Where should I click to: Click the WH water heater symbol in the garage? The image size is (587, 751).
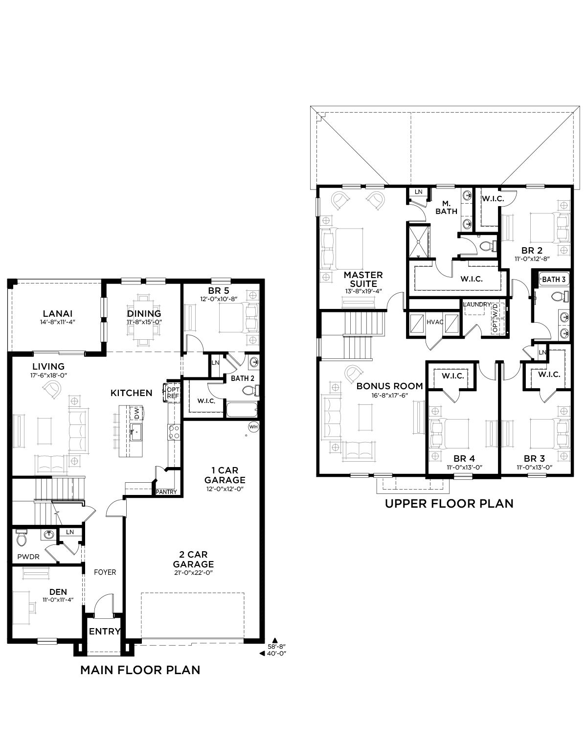[x=253, y=427]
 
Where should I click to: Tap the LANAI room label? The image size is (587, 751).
[x=58, y=313]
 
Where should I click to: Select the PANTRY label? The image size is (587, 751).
[x=166, y=492]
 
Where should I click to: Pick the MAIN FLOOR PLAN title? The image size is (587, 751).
[x=140, y=670]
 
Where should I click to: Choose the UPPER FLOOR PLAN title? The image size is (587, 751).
[x=449, y=504]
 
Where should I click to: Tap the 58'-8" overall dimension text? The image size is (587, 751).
[x=277, y=646]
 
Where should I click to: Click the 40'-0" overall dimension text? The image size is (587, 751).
[x=277, y=653]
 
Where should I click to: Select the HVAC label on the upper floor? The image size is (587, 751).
[x=435, y=322]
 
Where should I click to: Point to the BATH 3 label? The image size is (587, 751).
[x=554, y=279]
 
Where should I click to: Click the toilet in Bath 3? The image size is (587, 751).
[x=560, y=297]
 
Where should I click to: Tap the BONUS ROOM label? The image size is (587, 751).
[x=389, y=386]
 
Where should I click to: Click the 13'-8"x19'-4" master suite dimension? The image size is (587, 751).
[x=363, y=291]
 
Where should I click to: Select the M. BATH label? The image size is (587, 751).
[x=446, y=208]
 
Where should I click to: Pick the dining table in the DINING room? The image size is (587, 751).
[x=144, y=320]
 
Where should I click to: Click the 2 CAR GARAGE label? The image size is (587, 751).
[x=193, y=559]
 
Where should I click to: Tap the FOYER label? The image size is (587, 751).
[x=105, y=572]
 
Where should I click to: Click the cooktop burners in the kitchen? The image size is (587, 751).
[x=174, y=432]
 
